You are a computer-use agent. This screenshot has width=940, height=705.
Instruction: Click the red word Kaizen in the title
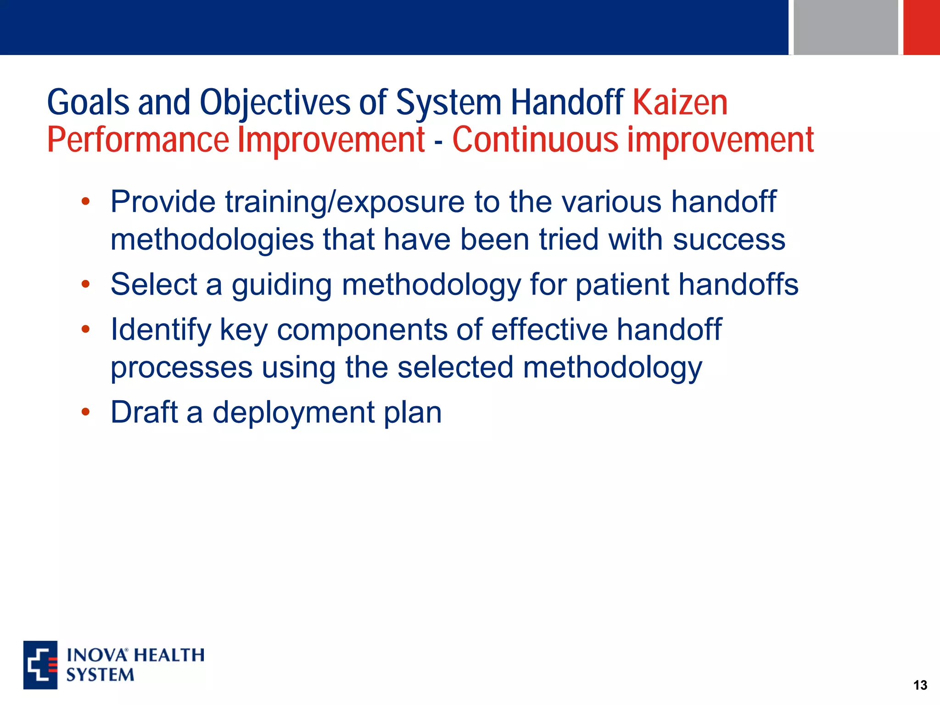[680, 103]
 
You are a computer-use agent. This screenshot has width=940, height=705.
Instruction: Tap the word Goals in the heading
[88, 103]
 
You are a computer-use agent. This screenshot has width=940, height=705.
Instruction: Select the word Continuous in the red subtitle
[535, 140]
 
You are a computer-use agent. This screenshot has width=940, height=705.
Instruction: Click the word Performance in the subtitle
[138, 140]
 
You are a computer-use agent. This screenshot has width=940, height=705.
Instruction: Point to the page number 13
[920, 685]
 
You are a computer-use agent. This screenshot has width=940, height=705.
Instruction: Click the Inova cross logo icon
[40, 665]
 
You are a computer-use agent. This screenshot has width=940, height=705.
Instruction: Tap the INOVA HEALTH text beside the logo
[135, 655]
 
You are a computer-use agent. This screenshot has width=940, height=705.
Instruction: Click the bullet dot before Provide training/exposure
[85, 201]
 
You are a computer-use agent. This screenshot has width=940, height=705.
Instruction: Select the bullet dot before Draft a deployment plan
[85, 412]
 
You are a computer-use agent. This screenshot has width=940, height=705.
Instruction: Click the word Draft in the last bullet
[144, 412]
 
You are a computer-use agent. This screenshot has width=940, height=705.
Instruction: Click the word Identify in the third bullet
[161, 330]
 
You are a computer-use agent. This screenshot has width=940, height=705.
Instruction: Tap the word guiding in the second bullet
[281, 285]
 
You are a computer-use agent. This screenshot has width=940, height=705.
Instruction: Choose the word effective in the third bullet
[549, 330]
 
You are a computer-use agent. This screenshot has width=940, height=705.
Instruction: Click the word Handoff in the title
[567, 103]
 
